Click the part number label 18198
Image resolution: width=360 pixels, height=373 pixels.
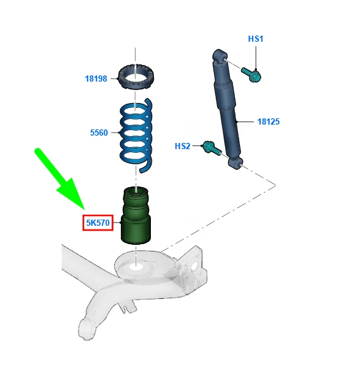(x=96, y=79)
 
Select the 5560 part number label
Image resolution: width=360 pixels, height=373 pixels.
(x=99, y=132)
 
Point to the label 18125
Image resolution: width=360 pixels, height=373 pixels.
(x=268, y=121)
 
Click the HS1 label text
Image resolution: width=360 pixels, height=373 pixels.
(x=255, y=39)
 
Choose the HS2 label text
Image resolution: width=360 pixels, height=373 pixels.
(x=182, y=146)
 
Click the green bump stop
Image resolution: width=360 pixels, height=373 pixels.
(x=136, y=215)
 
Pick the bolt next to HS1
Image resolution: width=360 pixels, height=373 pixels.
(x=251, y=74)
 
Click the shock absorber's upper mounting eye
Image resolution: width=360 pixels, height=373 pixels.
(x=219, y=56)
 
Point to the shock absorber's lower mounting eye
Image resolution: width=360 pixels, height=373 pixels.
(x=235, y=163)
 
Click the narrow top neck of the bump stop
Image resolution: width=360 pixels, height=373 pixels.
(x=135, y=191)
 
